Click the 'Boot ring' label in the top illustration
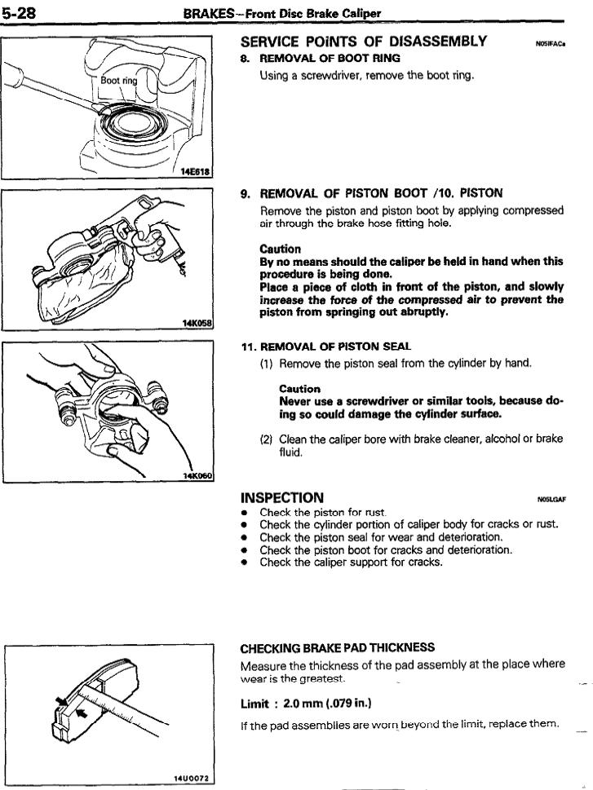coord(119,81)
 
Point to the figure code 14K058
coord(196,323)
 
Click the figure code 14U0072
coord(191,778)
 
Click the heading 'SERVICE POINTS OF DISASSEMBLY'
coord(364,41)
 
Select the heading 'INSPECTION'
coord(282,497)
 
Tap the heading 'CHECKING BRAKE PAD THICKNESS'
coord(337,648)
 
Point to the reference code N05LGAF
coord(551,500)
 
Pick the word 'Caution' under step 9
coord(280,249)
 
